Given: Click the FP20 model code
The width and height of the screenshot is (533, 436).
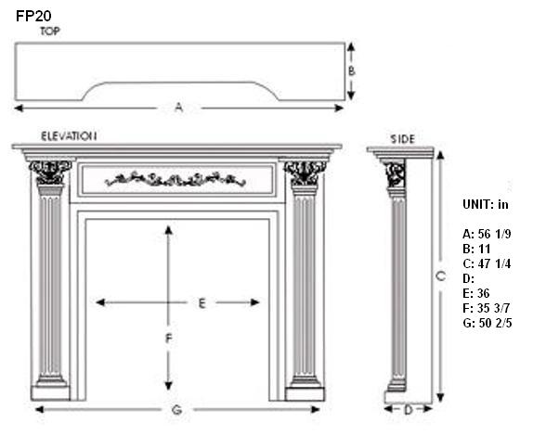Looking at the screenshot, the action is click(33, 16).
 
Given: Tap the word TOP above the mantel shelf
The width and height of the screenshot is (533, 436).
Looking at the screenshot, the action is click(50, 32).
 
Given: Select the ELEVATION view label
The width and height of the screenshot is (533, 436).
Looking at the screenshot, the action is click(69, 136).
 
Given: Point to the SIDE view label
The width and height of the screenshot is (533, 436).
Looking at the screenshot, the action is click(402, 139).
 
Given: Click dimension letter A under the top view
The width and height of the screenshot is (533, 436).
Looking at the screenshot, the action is click(179, 108).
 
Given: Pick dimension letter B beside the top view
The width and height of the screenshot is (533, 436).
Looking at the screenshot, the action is click(352, 71).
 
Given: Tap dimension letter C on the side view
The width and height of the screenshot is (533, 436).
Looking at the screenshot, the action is click(440, 276).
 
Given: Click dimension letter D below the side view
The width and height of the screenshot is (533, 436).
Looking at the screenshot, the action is click(408, 410).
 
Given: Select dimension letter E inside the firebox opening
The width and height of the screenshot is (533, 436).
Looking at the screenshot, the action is click(201, 303).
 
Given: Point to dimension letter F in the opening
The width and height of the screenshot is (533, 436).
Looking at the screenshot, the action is click(169, 339).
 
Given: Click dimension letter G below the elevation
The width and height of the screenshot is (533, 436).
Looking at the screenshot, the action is click(176, 410).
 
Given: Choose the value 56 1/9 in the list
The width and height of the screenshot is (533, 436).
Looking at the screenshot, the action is click(494, 234).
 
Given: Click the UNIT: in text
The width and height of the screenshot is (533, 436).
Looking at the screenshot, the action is click(486, 204).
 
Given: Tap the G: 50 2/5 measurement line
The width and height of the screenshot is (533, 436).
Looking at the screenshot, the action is click(487, 323).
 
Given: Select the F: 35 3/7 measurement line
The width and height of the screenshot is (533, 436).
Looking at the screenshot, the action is click(487, 308).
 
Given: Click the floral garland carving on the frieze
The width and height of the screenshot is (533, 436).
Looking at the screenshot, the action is click(175, 179).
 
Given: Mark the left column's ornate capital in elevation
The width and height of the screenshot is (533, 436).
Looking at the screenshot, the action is click(50, 173).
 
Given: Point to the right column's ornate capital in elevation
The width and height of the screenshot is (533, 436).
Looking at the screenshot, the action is click(305, 173).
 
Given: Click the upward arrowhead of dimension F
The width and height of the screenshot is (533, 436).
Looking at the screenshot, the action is click(169, 230).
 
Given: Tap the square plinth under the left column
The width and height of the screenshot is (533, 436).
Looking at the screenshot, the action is click(50, 393).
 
